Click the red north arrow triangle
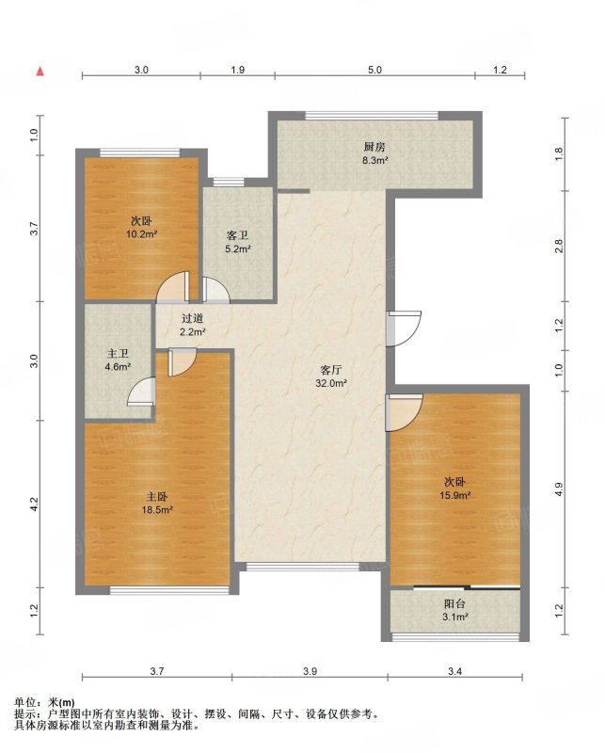(40, 72)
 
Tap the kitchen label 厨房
(374, 147)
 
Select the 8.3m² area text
(375, 160)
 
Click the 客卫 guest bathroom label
(237, 236)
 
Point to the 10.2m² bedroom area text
(142, 234)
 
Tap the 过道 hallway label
(193, 318)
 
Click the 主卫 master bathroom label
(118, 354)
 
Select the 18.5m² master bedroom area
(157, 510)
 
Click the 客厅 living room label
(331, 370)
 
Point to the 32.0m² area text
(331, 383)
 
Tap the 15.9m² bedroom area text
(454, 495)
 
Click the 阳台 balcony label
(454, 603)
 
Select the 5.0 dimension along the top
(375, 70)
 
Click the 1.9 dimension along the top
(238, 70)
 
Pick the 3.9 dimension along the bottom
(310, 671)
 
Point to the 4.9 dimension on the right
(558, 489)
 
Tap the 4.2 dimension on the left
(34, 504)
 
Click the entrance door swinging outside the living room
(404, 328)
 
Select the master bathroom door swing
(142, 392)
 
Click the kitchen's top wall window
(372, 115)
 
